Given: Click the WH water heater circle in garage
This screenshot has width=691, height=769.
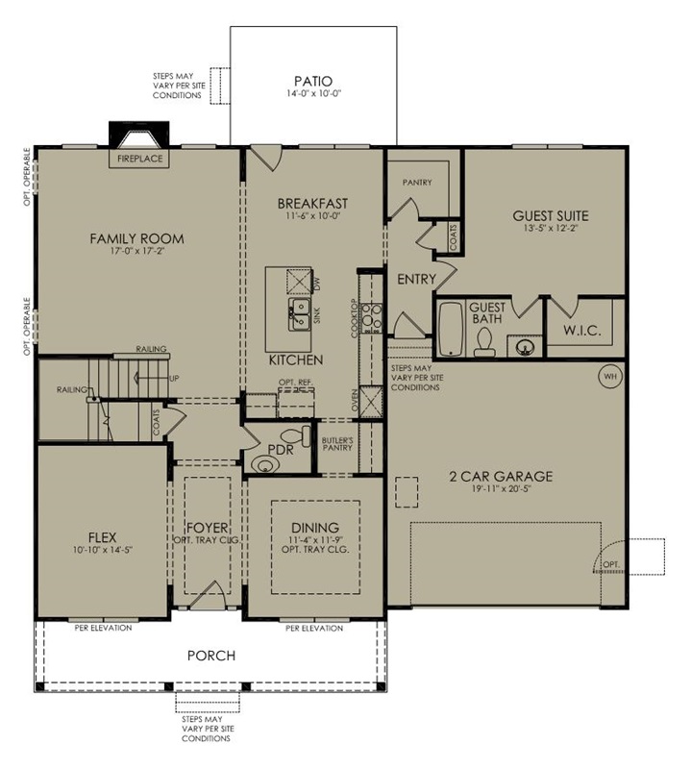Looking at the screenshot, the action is pyautogui.click(x=610, y=377).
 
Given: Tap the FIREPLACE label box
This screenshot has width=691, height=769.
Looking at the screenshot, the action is pyautogui.click(x=139, y=159).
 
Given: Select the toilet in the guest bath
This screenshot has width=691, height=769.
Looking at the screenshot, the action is pyautogui.click(x=484, y=341).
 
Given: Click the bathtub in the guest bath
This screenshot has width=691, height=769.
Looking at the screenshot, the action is pyautogui.click(x=451, y=329).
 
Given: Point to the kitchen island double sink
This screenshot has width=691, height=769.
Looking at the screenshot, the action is pyautogui.click(x=299, y=314).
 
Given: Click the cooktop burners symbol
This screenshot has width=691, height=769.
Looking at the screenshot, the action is pyautogui.click(x=372, y=318).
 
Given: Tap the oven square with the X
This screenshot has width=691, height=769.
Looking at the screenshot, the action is pyautogui.click(x=371, y=402).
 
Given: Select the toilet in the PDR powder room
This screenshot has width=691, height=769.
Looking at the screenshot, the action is pyautogui.click(x=296, y=435).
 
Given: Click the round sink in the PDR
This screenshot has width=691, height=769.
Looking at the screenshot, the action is pyautogui.click(x=264, y=463).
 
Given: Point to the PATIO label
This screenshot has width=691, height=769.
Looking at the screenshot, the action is pyautogui.click(x=313, y=81).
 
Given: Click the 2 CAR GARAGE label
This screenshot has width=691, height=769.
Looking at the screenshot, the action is pyautogui.click(x=502, y=476).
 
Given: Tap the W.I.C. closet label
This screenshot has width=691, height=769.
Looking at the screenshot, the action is pyautogui.click(x=581, y=330).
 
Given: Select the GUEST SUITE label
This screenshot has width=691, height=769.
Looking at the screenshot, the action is pyautogui.click(x=551, y=215).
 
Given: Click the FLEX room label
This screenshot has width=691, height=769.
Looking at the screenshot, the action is pyautogui.click(x=103, y=537).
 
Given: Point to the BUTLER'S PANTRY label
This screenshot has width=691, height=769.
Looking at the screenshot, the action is pyautogui.click(x=337, y=444).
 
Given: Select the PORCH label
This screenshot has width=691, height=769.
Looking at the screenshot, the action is pyautogui.click(x=211, y=656).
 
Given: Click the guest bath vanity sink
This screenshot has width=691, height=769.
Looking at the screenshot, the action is pyautogui.click(x=525, y=347).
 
